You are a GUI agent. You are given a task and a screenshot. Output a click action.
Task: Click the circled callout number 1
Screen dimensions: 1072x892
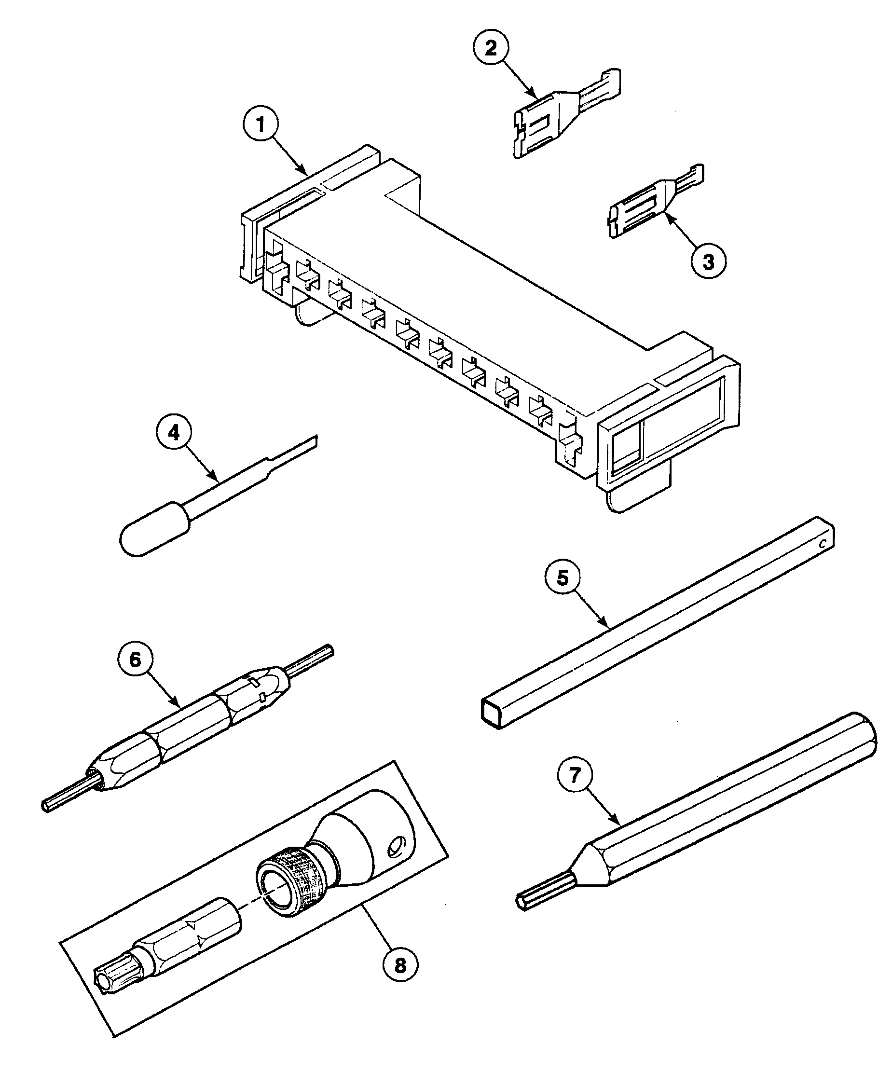261,124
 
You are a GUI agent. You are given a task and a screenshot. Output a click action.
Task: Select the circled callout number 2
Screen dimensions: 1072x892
490,49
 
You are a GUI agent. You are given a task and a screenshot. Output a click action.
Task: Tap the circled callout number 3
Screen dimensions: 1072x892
708,261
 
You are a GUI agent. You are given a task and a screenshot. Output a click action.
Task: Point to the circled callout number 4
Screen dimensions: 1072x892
174,433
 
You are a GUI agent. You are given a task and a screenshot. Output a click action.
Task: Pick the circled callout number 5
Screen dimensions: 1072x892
562,578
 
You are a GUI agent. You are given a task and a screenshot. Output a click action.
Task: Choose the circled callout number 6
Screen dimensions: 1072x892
135,660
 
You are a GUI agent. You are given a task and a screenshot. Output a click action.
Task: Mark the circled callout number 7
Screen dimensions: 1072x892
575,775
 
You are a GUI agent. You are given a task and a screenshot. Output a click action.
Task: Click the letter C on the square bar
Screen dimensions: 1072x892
822,545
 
